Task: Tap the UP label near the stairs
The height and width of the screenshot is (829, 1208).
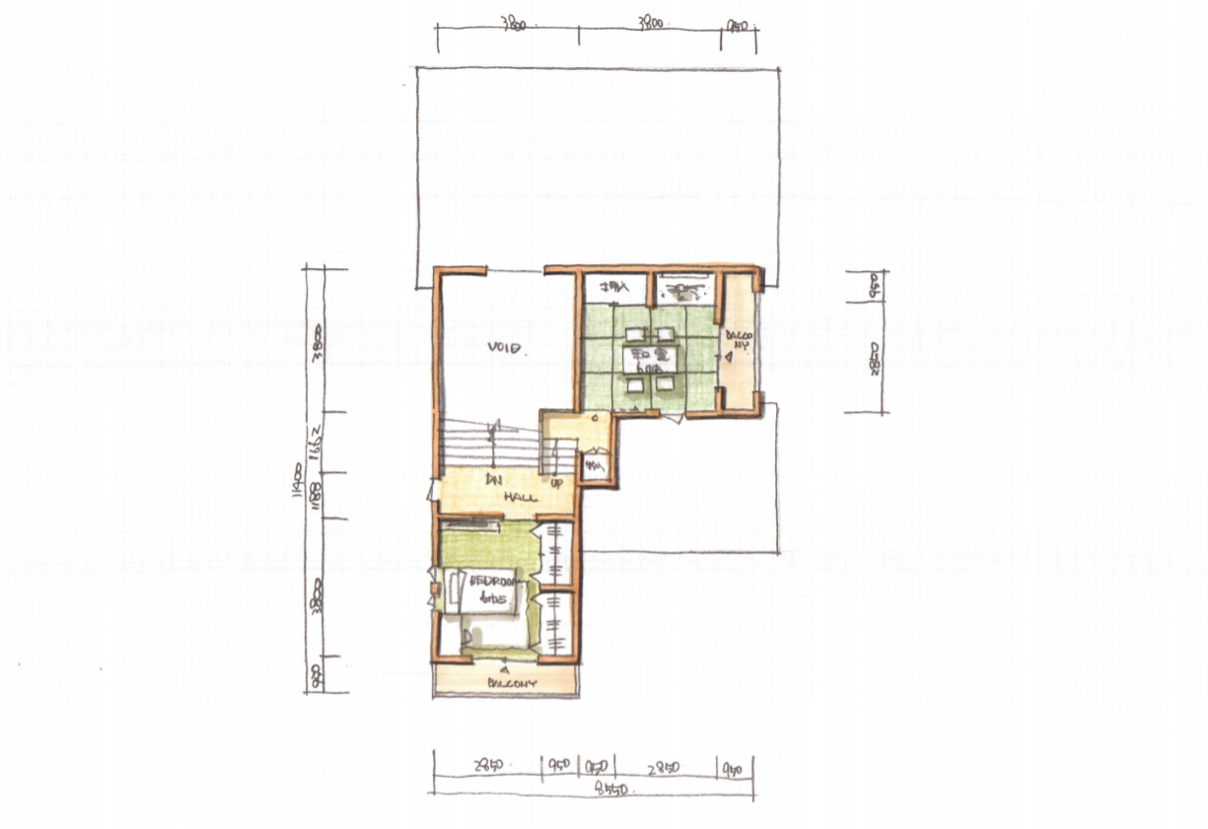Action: [x=557, y=483]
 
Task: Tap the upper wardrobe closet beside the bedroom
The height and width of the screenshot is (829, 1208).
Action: [x=556, y=555]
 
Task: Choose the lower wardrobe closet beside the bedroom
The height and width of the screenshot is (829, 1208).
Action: [x=556, y=623]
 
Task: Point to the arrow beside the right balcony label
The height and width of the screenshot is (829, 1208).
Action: [x=726, y=360]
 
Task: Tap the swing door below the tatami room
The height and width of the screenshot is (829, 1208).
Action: [x=673, y=419]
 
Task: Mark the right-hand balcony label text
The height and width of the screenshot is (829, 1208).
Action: [x=740, y=340]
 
